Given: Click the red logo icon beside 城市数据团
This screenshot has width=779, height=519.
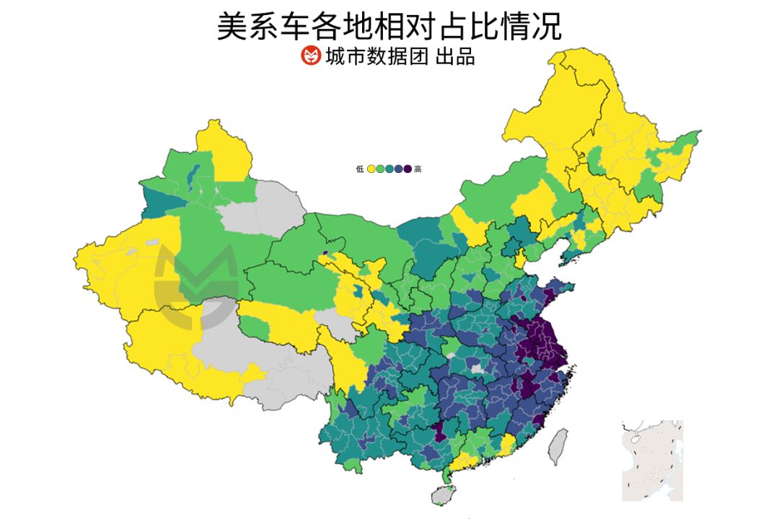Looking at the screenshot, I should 310,56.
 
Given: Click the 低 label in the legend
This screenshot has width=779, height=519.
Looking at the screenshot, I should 360,169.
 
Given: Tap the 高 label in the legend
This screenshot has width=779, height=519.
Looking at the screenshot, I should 418,169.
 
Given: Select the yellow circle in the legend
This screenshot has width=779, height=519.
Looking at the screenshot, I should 371,169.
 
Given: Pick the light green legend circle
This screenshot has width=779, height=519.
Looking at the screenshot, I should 380,169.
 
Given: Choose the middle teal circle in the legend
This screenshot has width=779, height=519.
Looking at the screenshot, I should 389,169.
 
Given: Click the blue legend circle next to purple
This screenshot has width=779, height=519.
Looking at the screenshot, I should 398,169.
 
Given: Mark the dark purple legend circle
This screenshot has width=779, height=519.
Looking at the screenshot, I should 408,169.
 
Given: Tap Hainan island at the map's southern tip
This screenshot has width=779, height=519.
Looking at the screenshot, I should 442,495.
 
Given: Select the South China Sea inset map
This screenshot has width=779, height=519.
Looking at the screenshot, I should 652,460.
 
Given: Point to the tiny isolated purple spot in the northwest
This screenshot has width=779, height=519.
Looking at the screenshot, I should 325,253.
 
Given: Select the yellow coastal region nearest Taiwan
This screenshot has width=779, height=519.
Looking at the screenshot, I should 508,444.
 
